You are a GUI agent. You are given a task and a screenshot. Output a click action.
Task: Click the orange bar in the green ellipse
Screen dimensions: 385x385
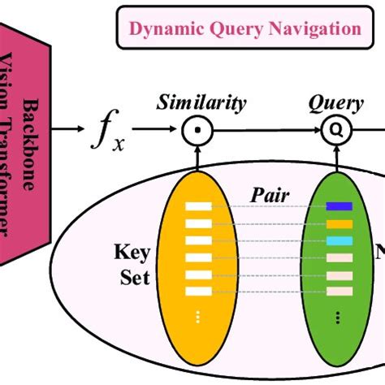click(x=340, y=223)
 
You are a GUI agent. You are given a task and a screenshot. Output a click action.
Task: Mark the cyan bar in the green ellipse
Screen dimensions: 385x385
click(x=340, y=240)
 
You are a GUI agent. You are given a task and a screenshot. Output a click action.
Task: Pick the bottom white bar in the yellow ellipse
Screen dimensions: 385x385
click(x=198, y=291)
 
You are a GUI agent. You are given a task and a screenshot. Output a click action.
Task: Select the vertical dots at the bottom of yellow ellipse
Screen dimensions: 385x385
click(x=198, y=315)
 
